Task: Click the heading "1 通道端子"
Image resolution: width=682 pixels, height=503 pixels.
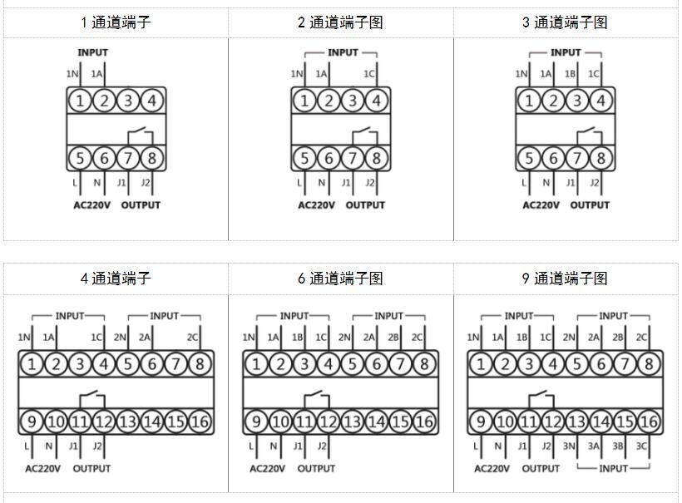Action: point(116,22)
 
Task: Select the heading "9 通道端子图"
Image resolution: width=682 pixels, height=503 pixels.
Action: point(565,279)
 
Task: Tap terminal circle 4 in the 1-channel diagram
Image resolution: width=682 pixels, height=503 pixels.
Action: point(151,101)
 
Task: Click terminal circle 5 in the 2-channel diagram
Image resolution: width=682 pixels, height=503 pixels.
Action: point(304,158)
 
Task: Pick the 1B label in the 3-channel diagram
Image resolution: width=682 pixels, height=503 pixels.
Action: point(571,74)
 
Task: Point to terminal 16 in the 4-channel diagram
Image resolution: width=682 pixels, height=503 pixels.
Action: point(200,422)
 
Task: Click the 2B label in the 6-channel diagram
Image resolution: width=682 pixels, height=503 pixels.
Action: point(393,338)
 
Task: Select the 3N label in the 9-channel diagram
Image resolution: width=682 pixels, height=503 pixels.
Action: point(570,446)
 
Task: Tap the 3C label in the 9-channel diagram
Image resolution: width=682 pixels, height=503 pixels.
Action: point(641,446)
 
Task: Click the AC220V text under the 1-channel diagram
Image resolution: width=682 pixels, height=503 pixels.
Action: point(91,205)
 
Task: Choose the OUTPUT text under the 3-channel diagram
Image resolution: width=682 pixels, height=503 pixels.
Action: point(590,205)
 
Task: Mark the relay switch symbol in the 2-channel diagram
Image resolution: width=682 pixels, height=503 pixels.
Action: point(363,133)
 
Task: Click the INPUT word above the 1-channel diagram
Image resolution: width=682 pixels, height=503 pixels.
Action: point(92,52)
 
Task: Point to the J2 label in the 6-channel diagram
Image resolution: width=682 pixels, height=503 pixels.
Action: point(322,446)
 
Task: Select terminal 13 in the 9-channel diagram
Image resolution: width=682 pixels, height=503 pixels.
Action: point(576,422)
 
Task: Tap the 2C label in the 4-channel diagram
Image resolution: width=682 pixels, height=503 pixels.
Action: point(193,338)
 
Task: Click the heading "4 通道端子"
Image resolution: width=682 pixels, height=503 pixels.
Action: point(116,279)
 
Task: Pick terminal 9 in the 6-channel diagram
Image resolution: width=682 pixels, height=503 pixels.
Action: point(256,422)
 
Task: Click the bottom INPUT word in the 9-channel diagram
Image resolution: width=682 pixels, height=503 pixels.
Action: point(613,468)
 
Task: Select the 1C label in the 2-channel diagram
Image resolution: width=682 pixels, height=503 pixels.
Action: point(369,74)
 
